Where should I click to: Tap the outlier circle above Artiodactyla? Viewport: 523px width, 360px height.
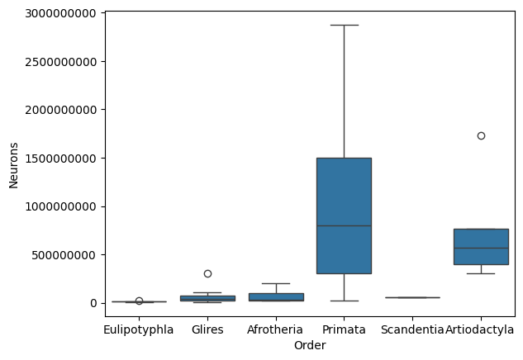coord(481,135)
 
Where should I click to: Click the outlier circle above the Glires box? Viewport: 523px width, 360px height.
coord(207,273)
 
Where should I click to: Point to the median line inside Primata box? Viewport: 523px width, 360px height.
coord(344,225)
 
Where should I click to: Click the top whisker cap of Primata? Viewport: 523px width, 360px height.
coord(344,25)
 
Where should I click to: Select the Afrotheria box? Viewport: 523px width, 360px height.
coord(276,296)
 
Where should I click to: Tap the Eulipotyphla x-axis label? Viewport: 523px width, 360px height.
coord(139,329)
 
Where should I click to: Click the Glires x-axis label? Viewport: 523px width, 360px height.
coord(207,329)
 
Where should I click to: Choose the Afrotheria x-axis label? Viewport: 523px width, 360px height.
coord(276,329)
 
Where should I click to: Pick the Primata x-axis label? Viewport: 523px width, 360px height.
coord(344,329)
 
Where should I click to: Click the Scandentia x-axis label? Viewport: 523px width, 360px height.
coord(412,329)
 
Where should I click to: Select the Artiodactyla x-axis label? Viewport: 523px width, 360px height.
coord(480,329)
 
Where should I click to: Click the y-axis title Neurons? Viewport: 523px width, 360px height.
coord(13,158)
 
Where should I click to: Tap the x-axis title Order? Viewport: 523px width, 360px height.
coord(310,346)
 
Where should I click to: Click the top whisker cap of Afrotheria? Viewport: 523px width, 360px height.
coord(276,283)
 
